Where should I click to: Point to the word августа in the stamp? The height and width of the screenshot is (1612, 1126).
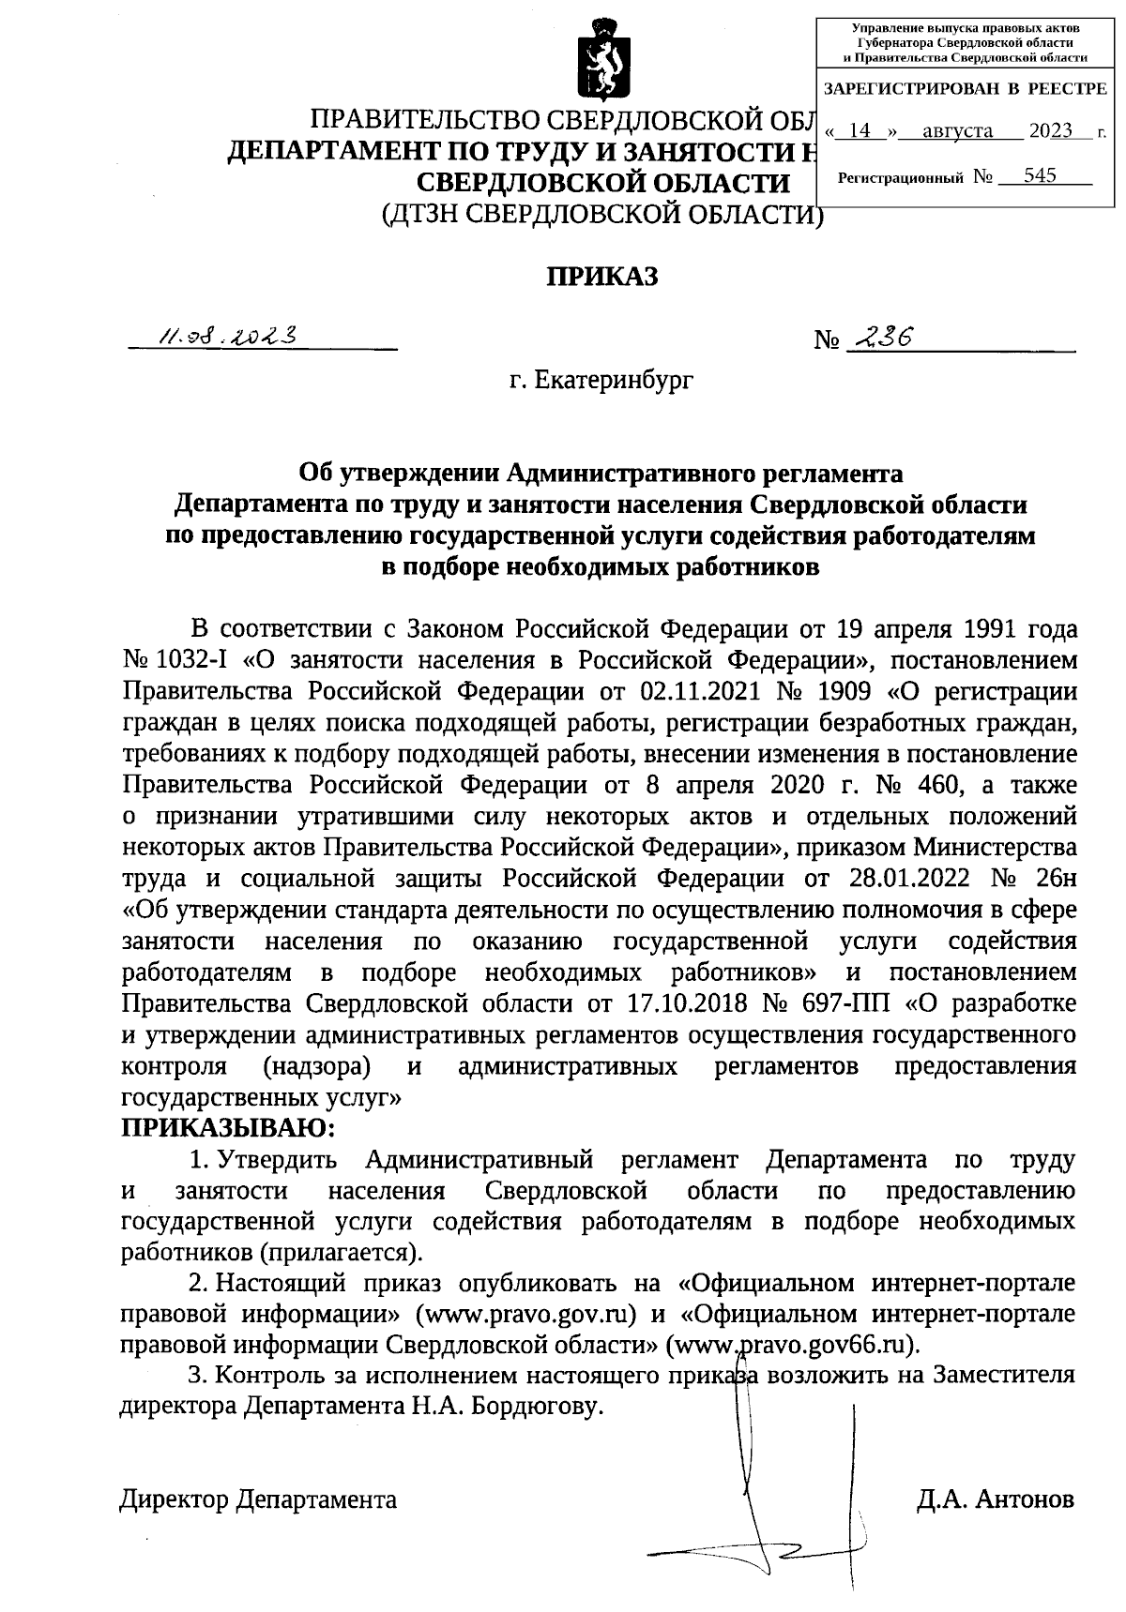tap(957, 131)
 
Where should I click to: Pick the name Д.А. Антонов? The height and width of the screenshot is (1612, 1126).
tap(995, 1499)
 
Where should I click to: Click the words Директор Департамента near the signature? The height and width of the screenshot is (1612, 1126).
tap(258, 1499)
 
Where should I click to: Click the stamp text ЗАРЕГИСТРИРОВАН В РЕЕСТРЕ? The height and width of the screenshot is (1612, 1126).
tap(965, 90)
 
